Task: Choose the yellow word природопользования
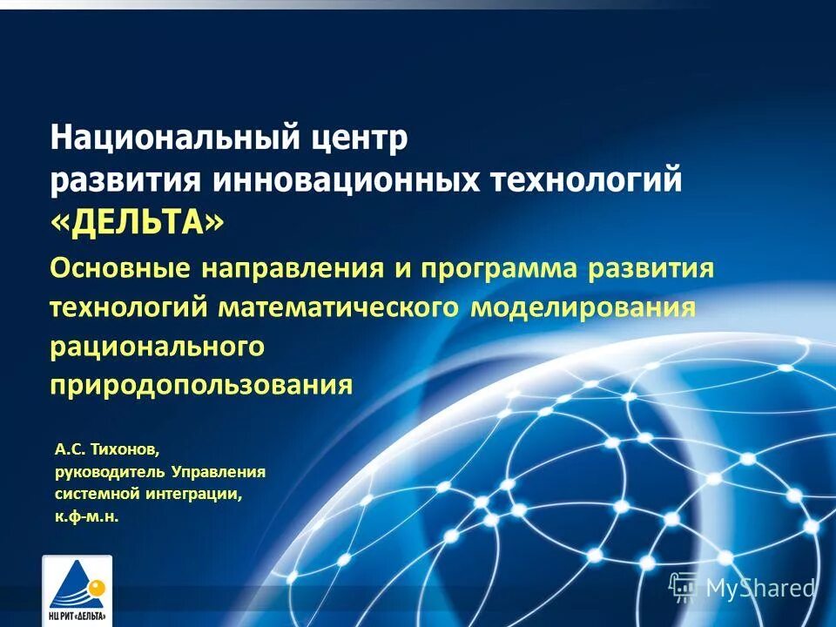pos(201,385)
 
